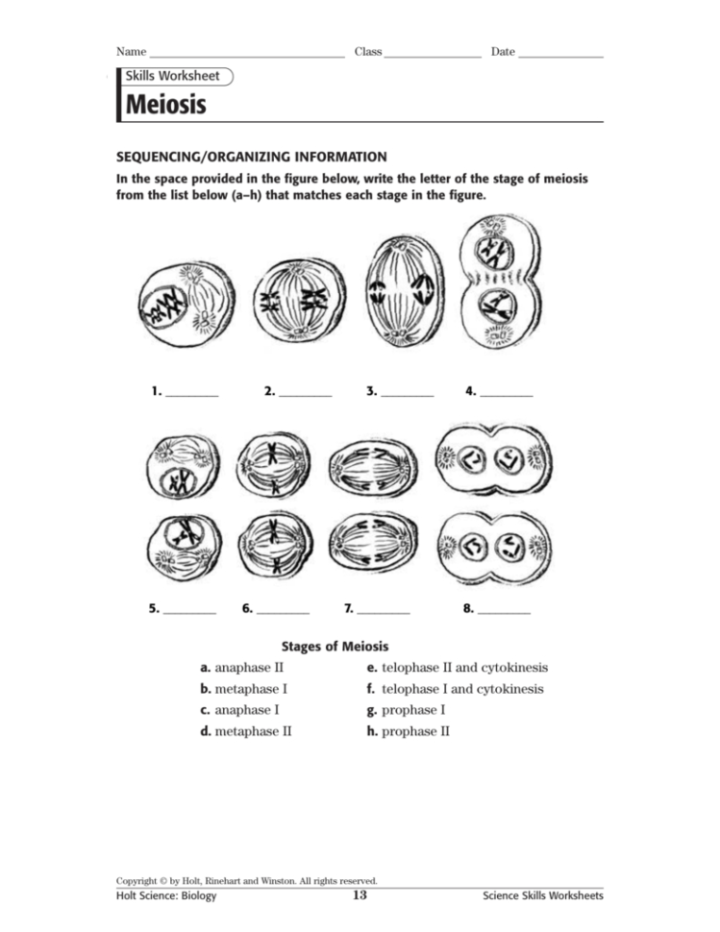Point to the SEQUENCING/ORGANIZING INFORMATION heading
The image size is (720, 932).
(252, 157)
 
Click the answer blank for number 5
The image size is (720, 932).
(189, 611)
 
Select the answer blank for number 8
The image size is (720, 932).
(504, 611)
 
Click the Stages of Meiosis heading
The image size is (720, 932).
(335, 647)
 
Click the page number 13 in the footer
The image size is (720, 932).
(360, 895)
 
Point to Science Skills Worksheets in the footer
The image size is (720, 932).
(543, 895)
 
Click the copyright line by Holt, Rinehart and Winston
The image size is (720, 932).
(246, 880)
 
